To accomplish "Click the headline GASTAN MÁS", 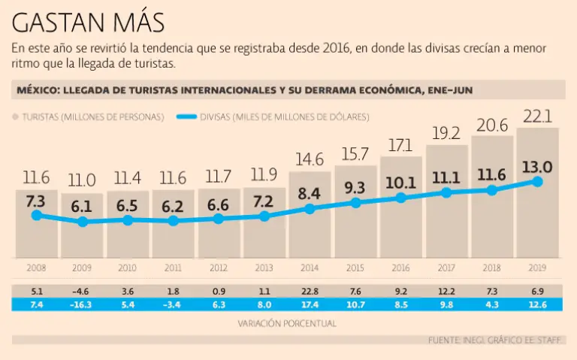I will click(x=89, y=23).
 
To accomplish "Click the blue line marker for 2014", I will click(x=310, y=209).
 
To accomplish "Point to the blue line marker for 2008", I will click(x=37, y=216).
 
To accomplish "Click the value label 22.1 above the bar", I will click(x=537, y=116).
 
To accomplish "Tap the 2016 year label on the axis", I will click(x=400, y=268).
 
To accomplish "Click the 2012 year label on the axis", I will click(x=219, y=268).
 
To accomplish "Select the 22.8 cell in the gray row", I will click(x=310, y=291).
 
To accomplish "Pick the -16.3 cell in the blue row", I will click(x=82, y=304).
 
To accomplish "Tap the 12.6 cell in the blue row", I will click(x=537, y=304).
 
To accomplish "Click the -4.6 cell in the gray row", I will click(x=82, y=291).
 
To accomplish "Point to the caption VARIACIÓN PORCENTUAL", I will click(x=288, y=323).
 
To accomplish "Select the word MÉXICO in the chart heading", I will click(x=36, y=90).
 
